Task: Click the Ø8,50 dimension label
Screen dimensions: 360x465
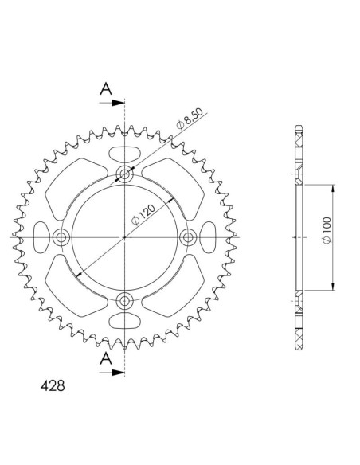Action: point(190,119)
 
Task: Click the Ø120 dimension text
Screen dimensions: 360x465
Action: point(143,214)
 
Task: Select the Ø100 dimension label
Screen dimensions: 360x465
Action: point(327,230)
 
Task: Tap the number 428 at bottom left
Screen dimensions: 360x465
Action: point(53,386)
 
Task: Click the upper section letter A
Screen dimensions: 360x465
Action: point(106,88)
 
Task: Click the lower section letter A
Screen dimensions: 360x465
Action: point(106,358)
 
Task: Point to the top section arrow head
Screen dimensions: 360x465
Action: point(118,103)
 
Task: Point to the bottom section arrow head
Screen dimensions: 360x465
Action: point(118,373)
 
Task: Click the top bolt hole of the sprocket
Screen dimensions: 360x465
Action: point(124,174)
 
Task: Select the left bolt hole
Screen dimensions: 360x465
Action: point(61,237)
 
